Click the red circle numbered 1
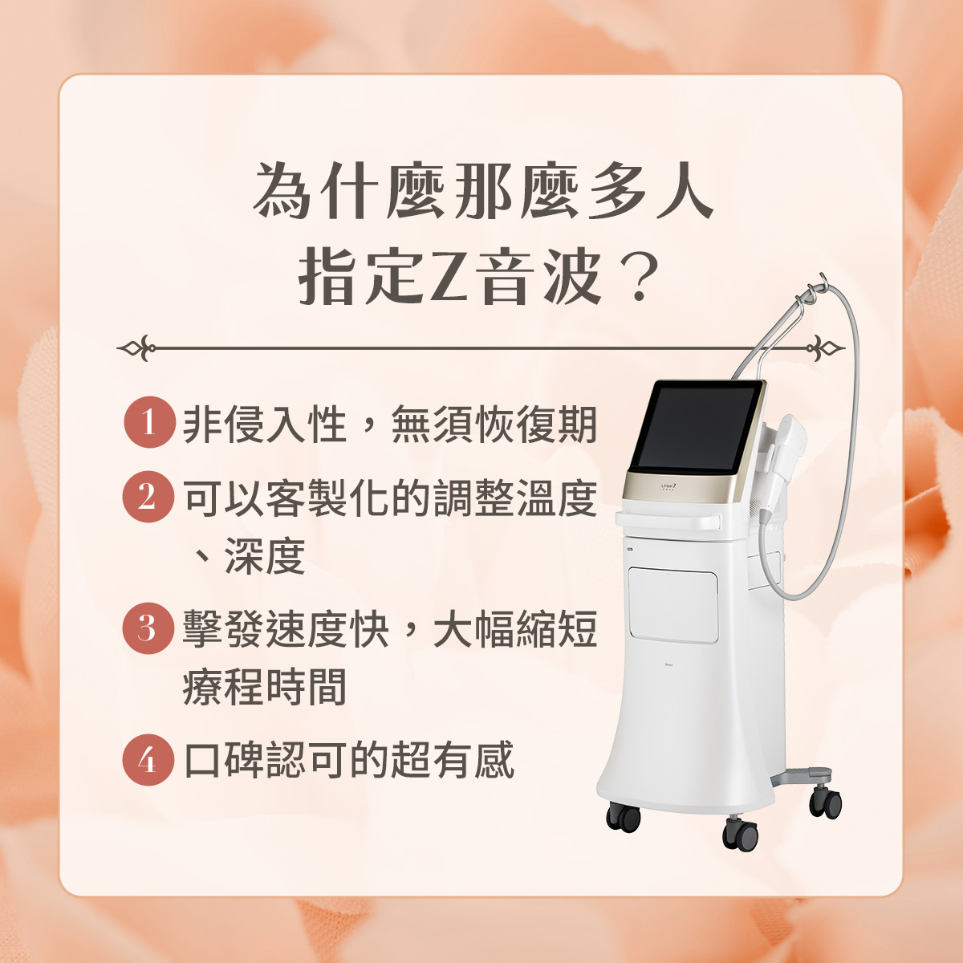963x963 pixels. click(x=149, y=422)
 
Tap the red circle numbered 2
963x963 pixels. click(x=148, y=497)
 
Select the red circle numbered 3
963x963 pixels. click(x=148, y=628)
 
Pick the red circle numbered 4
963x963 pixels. click(x=148, y=760)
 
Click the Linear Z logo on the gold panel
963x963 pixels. click(x=668, y=486)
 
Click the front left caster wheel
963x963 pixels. click(x=624, y=817)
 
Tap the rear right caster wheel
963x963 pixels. click(x=826, y=802)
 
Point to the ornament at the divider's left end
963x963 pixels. click(x=136, y=347)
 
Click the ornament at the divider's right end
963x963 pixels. click(x=826, y=347)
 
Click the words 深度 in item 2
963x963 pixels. click(x=264, y=556)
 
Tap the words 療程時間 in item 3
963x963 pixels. click(x=264, y=688)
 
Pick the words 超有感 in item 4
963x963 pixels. click(x=453, y=760)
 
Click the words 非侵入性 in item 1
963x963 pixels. click(x=264, y=425)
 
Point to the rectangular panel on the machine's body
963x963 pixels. click(x=673, y=605)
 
